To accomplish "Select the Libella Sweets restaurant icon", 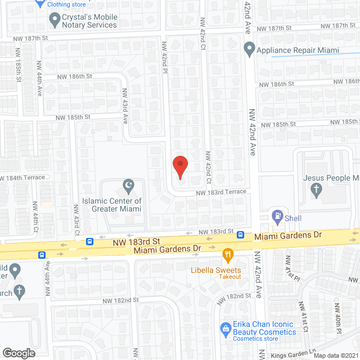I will [x=228, y=254].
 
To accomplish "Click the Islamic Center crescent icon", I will [x=129, y=184].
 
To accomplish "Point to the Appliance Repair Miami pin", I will [x=249, y=50].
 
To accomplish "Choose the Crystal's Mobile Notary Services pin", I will [x=55, y=21].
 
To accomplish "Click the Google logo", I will [x=19, y=353].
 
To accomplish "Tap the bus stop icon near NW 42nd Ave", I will [x=240, y=235].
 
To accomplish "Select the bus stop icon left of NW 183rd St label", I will [x=90, y=242].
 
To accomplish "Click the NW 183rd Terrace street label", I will [x=221, y=192].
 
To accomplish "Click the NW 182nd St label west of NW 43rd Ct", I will [x=121, y=300].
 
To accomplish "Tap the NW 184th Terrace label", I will [x=22, y=177].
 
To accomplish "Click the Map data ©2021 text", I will [x=336, y=355].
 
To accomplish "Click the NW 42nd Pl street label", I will [x=165, y=58].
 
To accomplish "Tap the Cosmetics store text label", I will [x=256, y=339].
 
